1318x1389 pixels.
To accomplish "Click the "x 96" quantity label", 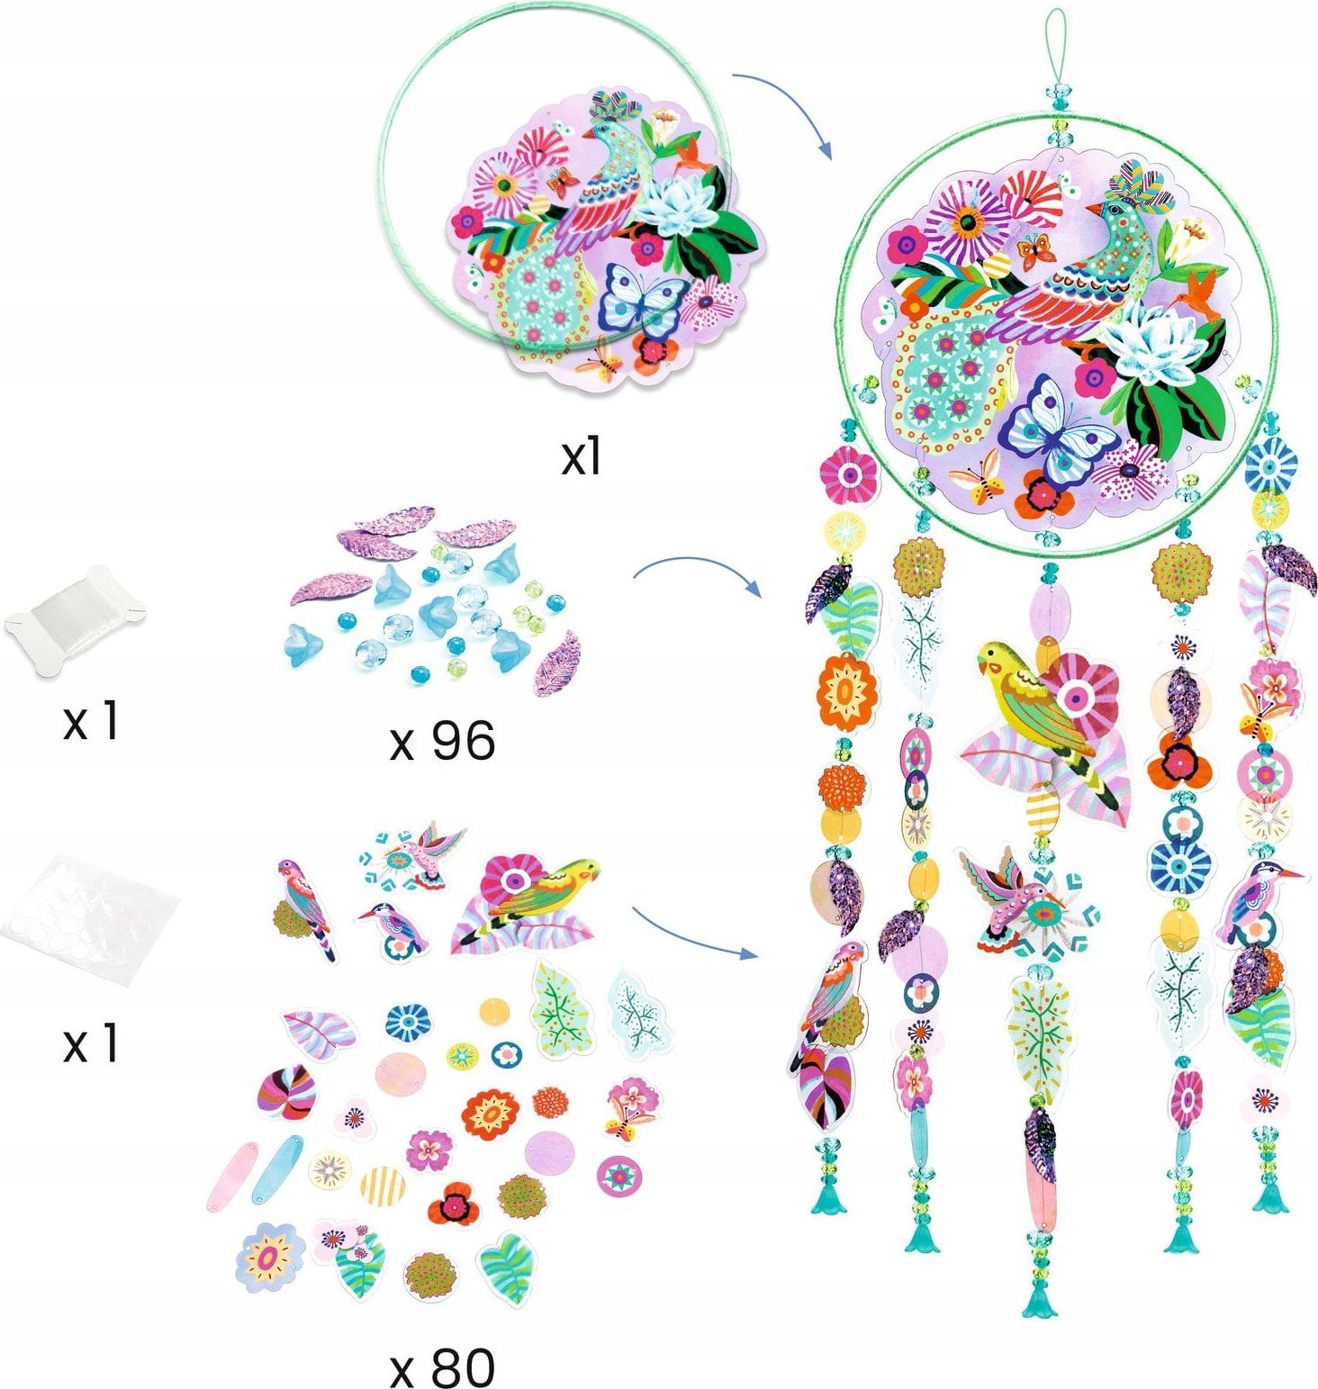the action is tap(442, 742).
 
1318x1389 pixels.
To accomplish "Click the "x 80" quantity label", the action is tap(442, 1367).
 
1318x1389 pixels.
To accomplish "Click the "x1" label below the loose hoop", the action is tap(581, 458).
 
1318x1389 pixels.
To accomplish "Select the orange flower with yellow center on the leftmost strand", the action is tap(846, 691).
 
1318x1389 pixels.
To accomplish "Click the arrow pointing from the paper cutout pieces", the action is tap(693, 931).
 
